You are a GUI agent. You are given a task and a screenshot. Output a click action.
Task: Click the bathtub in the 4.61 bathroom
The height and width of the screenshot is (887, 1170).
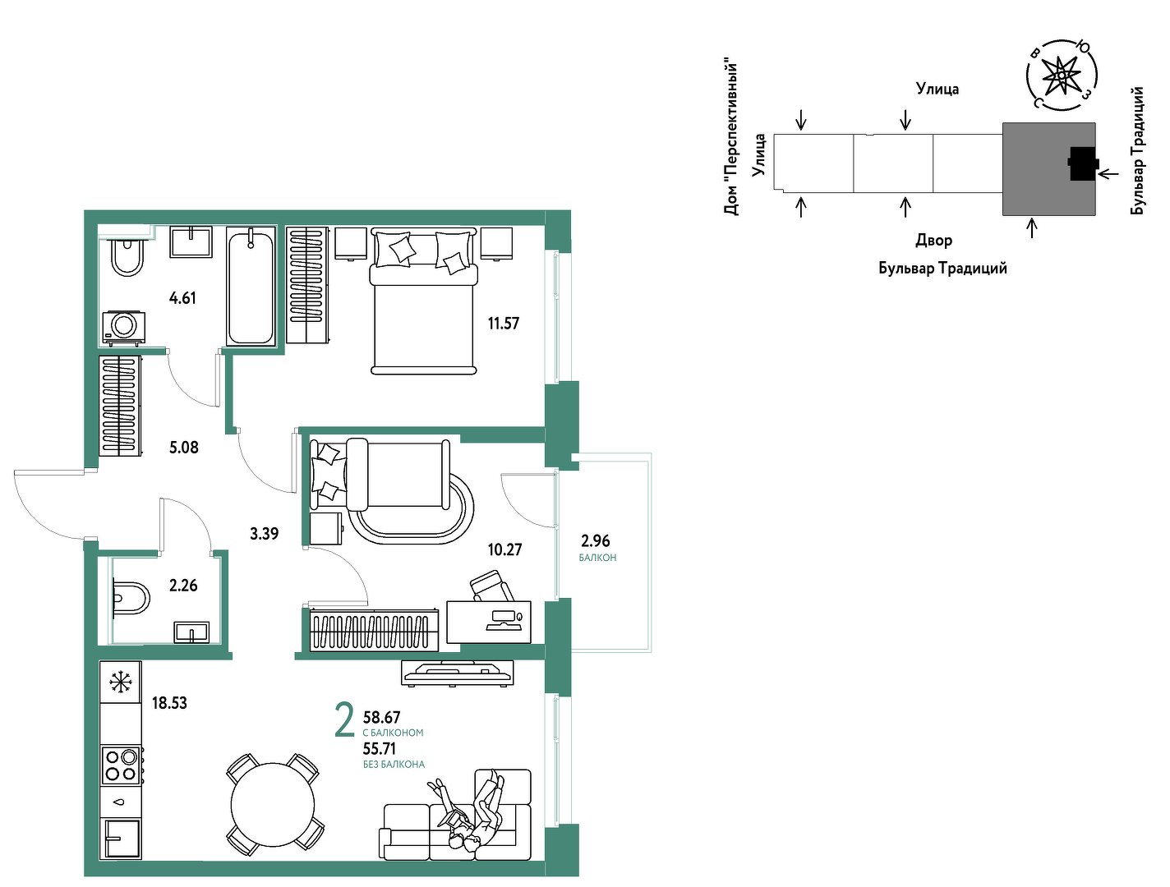[250, 286]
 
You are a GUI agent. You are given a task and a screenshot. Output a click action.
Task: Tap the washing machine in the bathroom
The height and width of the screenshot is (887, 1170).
[124, 327]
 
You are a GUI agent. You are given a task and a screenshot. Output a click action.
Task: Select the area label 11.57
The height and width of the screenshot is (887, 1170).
[503, 323]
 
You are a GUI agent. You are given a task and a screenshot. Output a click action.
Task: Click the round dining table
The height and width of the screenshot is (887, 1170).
[273, 804]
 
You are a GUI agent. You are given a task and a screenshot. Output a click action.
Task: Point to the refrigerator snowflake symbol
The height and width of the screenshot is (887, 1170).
[121, 682]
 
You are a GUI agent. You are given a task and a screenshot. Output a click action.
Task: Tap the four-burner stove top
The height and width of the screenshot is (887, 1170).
[121, 764]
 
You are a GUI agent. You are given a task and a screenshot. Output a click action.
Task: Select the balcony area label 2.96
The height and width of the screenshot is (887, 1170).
[595, 540]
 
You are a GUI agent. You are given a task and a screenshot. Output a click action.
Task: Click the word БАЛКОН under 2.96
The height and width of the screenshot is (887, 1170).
[597, 557]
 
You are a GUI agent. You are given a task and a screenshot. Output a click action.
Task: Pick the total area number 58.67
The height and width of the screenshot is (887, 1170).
[381, 716]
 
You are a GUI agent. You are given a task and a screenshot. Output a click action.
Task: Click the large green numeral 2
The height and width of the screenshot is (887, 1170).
[344, 720]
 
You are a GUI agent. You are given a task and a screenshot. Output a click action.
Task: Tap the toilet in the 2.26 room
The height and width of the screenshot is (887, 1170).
[131, 598]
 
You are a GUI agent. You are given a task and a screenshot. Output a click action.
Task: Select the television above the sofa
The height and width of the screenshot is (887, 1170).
[458, 673]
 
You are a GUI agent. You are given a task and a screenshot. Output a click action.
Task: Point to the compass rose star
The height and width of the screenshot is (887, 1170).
[1061, 76]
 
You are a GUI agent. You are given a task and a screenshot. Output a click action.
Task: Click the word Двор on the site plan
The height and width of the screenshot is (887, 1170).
[934, 241]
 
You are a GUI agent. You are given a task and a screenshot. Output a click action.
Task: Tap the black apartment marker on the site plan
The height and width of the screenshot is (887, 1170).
[1083, 163]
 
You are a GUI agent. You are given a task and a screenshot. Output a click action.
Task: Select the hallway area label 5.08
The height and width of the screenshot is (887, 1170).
[183, 447]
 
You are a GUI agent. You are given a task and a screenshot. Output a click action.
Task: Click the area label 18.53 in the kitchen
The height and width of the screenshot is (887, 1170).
[169, 703]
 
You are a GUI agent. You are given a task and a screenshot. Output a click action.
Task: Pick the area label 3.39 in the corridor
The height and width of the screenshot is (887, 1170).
[264, 533]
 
